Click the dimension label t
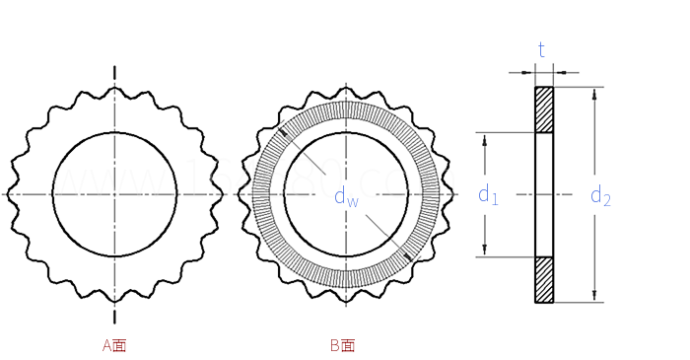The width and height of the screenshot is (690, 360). point(541,49)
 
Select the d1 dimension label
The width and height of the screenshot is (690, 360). point(488,195)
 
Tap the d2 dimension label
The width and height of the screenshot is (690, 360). point(600,196)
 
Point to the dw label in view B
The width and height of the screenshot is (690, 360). point(345,196)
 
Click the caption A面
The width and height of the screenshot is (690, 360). point(114,345)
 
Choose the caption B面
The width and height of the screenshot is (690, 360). point(342,345)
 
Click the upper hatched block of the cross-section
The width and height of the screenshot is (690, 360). point(544,109)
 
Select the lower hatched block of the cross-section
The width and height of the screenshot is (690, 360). point(544,279)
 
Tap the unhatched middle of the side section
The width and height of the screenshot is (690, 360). point(544,194)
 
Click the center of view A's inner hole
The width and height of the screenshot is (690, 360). point(114,194)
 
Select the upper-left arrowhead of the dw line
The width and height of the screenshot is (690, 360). point(283,132)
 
